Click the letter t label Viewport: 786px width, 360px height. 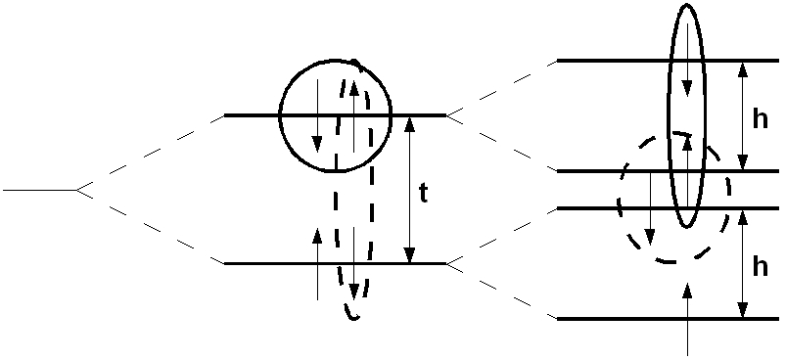[x=423, y=193]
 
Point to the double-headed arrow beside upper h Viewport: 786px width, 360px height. [x=743, y=115]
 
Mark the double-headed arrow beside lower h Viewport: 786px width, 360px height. [x=743, y=263]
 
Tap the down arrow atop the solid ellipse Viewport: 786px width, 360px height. [x=689, y=59]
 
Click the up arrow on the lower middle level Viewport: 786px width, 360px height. [x=317, y=263]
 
